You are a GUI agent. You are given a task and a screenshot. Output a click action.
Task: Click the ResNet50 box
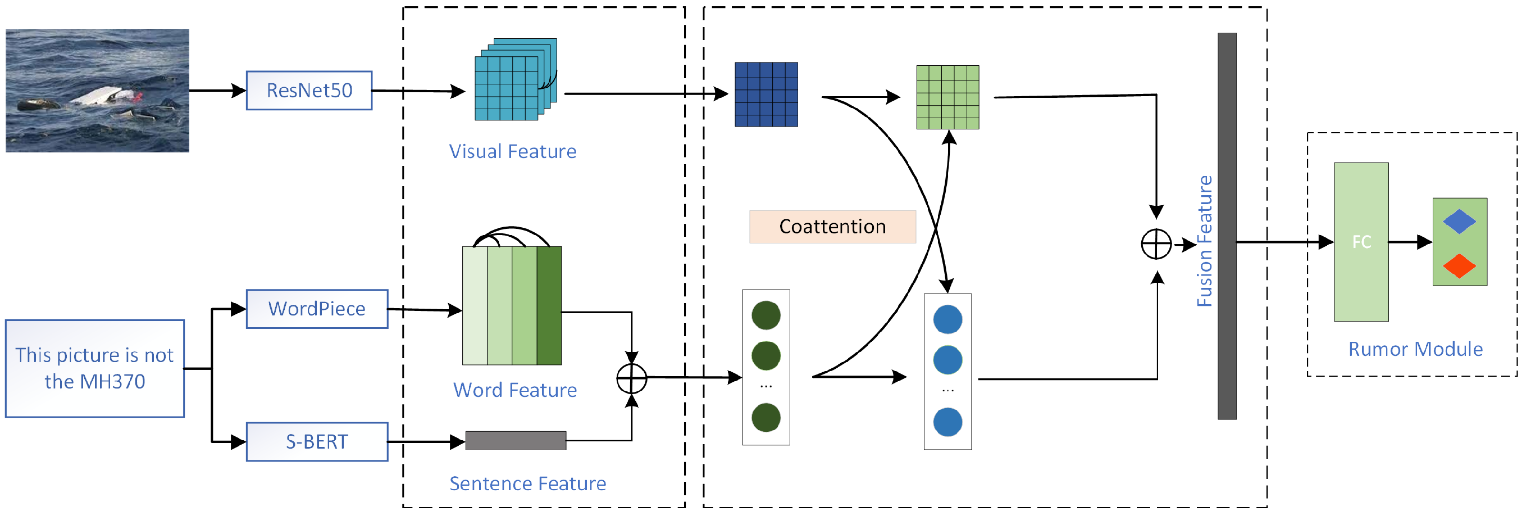(x=309, y=90)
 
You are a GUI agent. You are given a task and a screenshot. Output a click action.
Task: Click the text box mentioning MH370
(x=95, y=368)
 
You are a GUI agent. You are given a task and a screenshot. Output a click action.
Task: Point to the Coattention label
(x=832, y=226)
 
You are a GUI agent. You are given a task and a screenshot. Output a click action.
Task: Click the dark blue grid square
(x=766, y=94)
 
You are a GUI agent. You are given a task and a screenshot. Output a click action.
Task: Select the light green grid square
(x=947, y=97)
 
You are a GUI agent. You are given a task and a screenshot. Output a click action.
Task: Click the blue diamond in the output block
(x=1459, y=221)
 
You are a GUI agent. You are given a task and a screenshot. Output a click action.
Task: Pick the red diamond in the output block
(x=1459, y=266)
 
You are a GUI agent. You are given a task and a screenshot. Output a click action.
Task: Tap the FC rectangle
(x=1361, y=242)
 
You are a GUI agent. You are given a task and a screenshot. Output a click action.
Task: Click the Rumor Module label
(x=1415, y=349)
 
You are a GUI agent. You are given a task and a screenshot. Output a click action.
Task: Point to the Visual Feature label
(x=512, y=152)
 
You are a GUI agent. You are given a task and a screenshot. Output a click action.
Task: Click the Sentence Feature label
(x=527, y=484)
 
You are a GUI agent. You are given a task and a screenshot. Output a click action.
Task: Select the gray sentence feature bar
(x=515, y=440)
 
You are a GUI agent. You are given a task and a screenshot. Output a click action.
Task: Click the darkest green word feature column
(x=549, y=305)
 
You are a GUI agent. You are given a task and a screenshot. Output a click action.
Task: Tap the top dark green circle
(x=766, y=315)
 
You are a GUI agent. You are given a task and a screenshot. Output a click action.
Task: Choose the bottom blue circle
(x=947, y=422)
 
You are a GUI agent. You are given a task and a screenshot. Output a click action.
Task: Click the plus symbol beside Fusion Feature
(x=1156, y=244)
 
